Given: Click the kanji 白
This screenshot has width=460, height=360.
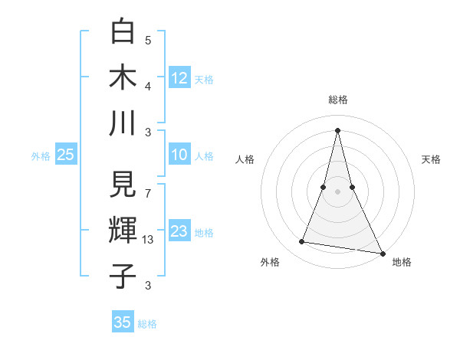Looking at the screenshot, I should pyautogui.click(x=123, y=31).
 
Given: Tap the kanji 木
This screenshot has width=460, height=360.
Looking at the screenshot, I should pyautogui.click(x=123, y=77).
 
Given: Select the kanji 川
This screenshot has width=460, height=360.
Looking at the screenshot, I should pyautogui.click(x=123, y=122).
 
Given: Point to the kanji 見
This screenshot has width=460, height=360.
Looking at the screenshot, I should pyautogui.click(x=123, y=185).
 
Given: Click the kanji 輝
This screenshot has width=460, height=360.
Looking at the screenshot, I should pyautogui.click(x=123, y=230).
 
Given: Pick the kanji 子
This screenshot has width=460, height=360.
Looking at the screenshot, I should pyautogui.click(x=123, y=275).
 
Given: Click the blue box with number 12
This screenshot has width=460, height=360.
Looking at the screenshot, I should pyautogui.click(x=179, y=78).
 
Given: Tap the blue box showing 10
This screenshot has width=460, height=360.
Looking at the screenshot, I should pyautogui.click(x=179, y=155).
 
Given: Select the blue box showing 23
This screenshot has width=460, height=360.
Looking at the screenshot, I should pyautogui.click(x=179, y=231).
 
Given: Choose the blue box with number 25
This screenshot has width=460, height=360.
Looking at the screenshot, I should pyautogui.click(x=66, y=155).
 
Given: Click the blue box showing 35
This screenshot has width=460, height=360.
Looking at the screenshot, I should pyautogui.click(x=123, y=322).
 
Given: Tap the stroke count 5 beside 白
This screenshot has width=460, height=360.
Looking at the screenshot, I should pyautogui.click(x=148, y=41).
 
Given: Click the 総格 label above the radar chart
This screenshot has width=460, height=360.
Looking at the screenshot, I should pyautogui.click(x=338, y=100).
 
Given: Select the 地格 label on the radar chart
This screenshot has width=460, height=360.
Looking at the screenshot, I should pyautogui.click(x=402, y=263).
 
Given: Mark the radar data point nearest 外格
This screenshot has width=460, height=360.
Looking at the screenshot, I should pyautogui.click(x=302, y=242).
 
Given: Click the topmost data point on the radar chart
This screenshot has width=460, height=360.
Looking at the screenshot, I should pyautogui.click(x=338, y=129).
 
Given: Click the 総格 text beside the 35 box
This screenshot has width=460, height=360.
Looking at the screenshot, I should pyautogui.click(x=147, y=324).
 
